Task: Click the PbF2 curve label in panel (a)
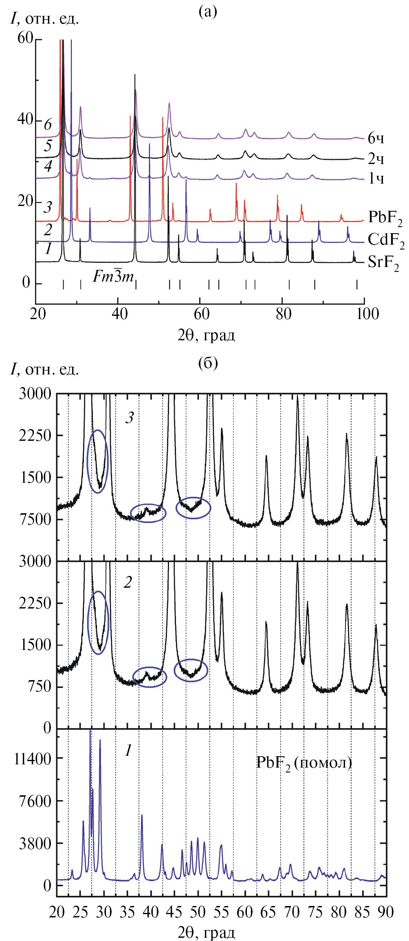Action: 385,218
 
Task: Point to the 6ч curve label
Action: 376,139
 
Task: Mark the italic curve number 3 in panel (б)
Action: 129,419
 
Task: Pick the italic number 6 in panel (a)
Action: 48,125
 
